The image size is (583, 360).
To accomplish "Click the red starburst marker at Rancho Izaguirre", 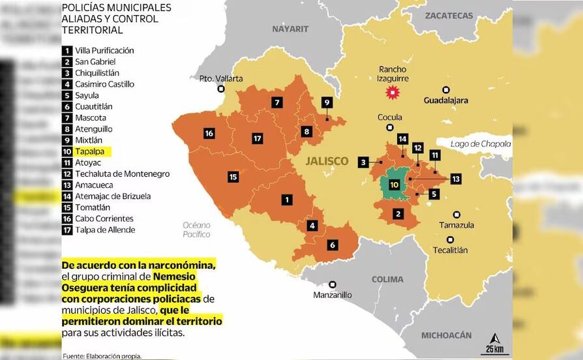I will coord(393,93).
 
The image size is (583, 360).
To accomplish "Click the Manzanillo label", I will coord(332,295).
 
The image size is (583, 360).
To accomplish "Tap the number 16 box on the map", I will coord(209,134).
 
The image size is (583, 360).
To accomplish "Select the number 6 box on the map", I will coord(333,245).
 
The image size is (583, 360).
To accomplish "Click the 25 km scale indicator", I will coord(494,343).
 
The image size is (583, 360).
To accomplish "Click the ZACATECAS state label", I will coord(449,16).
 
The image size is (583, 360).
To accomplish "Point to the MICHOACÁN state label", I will coord(446,335).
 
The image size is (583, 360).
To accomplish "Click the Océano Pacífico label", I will coord(196,230).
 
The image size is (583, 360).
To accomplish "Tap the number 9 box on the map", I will coord(327,102).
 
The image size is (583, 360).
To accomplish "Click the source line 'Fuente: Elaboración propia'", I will coord(102,355).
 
